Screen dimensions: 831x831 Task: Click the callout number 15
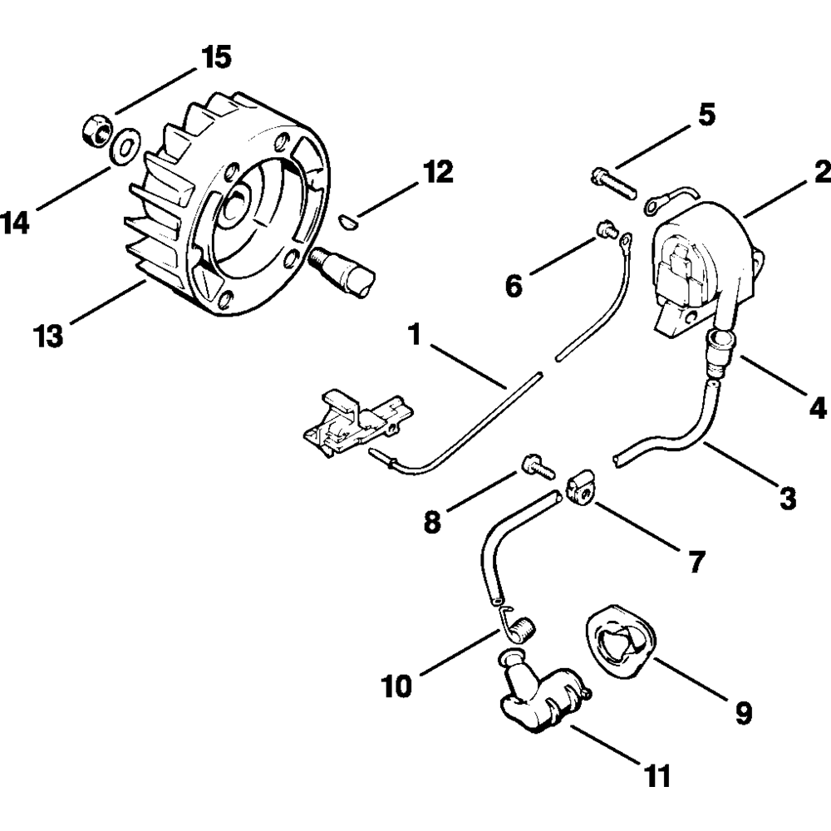click(x=214, y=59)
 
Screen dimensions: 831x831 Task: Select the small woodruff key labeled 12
click(x=349, y=220)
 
